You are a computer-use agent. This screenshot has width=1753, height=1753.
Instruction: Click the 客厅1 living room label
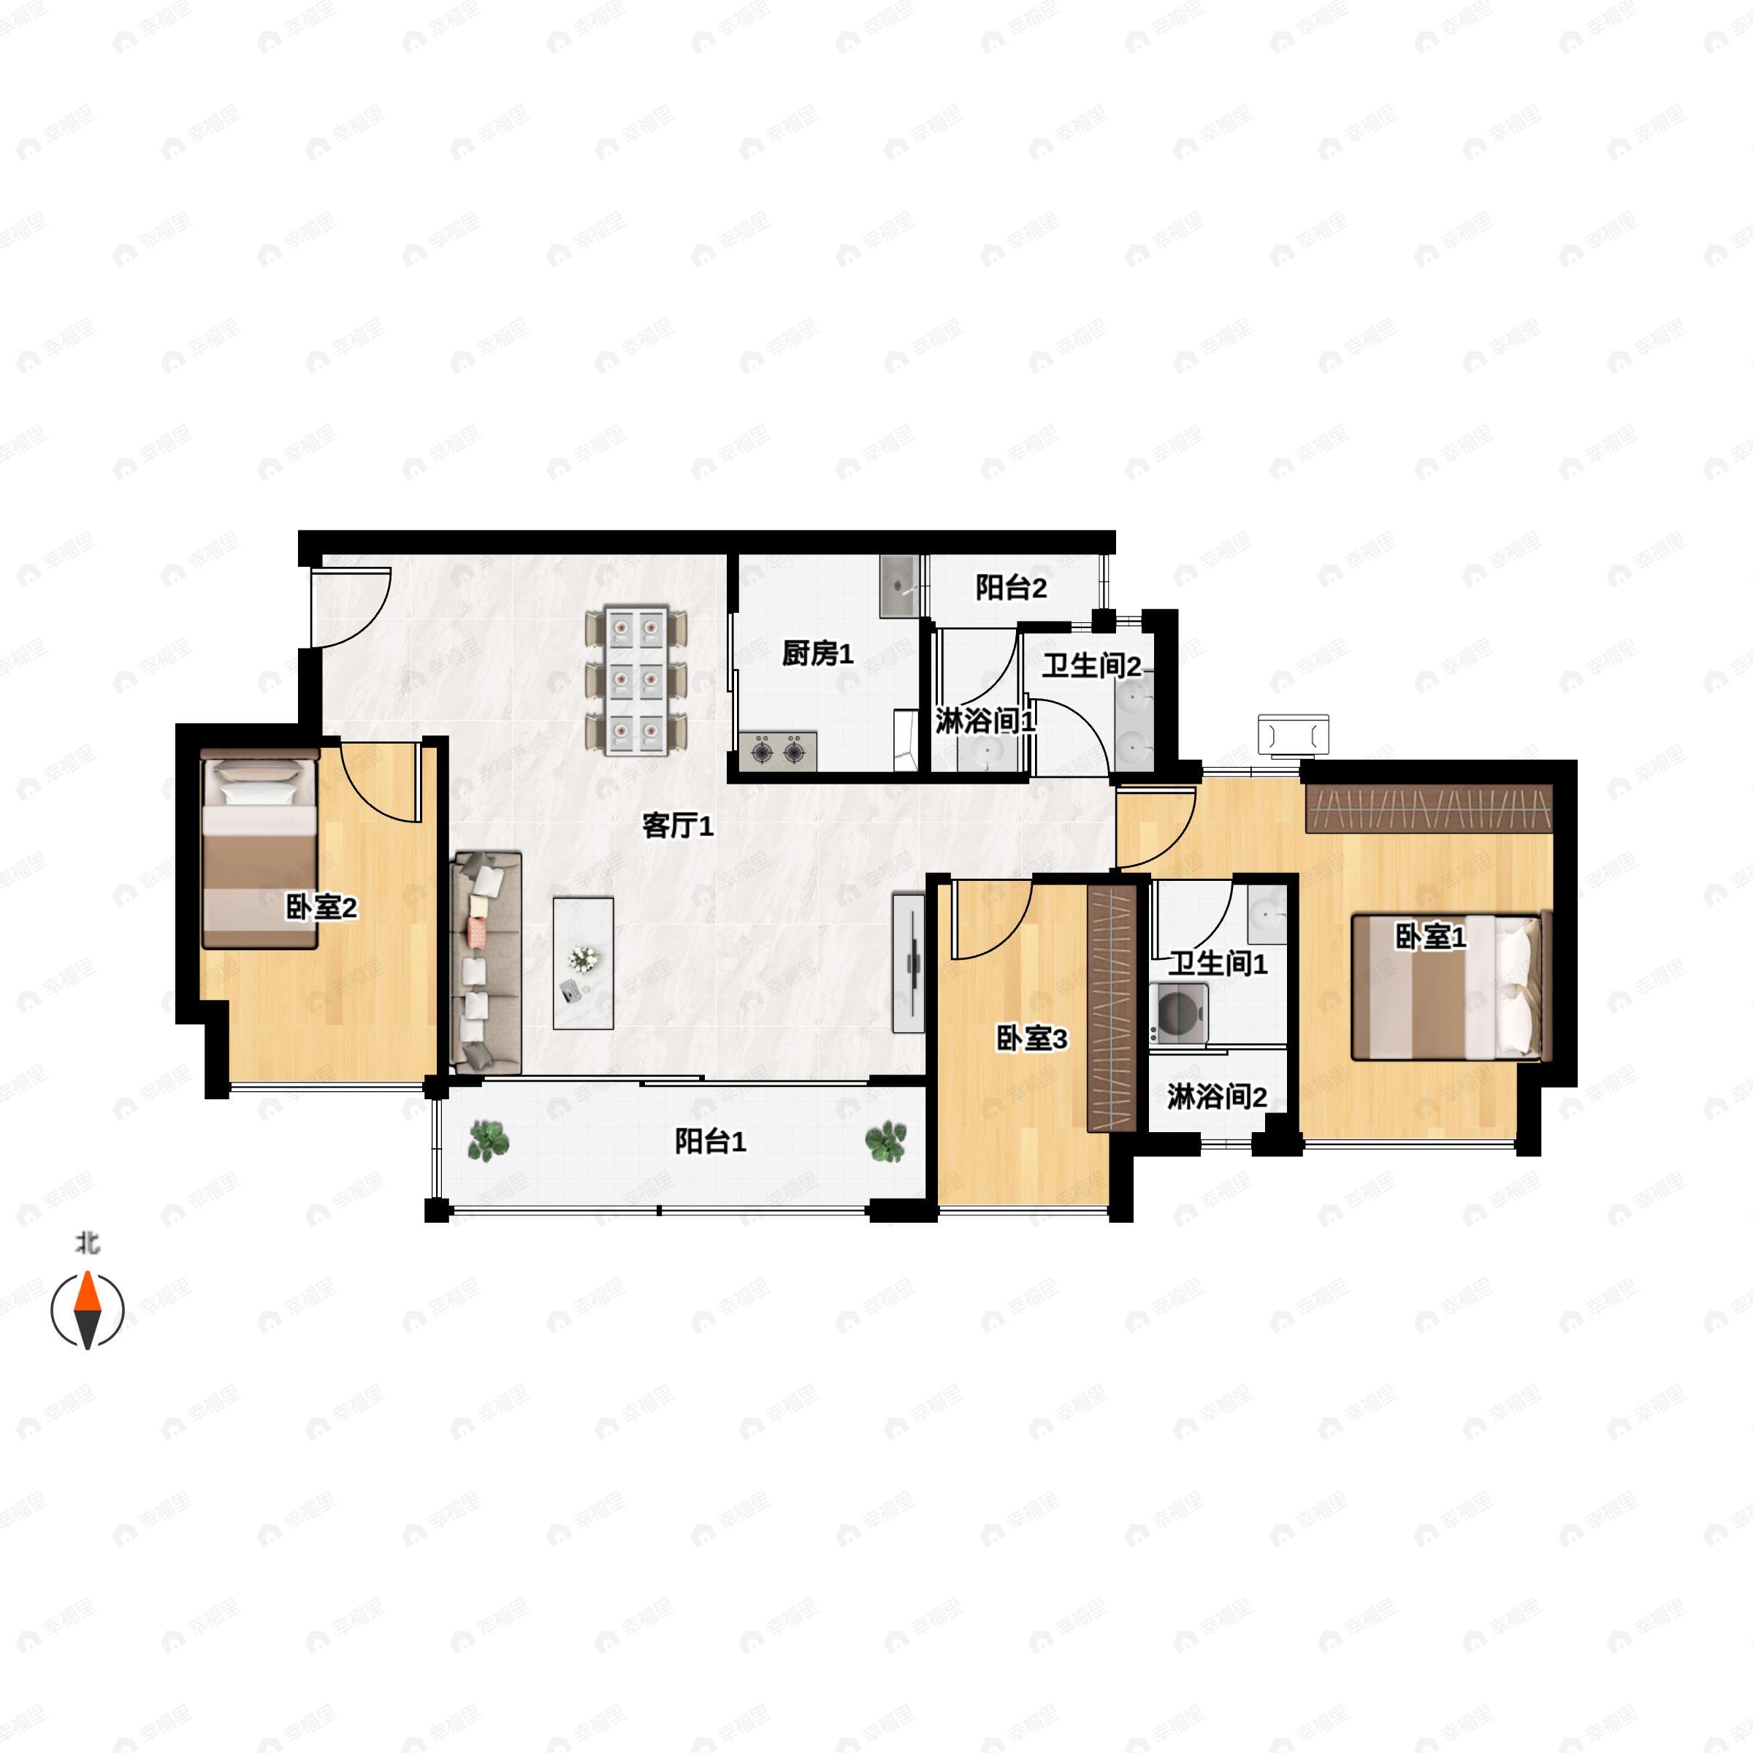678,825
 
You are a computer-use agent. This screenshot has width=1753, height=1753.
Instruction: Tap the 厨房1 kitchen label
817,653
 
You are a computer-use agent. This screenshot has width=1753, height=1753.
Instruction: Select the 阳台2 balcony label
1011,588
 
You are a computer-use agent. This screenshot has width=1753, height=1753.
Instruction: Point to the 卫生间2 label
1091,666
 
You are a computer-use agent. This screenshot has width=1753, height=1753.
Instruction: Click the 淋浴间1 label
985,722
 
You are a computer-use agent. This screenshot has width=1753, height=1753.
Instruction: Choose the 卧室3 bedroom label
1031,1039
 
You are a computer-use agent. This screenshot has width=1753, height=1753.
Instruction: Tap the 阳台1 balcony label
709,1142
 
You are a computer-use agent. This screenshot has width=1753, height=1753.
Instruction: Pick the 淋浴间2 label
1217,1097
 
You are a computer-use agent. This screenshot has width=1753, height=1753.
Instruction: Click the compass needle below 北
87,1310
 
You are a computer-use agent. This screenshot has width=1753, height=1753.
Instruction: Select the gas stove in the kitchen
778,752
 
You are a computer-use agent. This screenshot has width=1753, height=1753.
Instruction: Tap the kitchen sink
899,586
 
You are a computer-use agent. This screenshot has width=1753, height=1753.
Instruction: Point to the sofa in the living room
486,962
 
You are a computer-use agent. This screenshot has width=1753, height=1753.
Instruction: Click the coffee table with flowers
584,963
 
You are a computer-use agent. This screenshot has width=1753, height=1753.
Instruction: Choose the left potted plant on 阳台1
488,1140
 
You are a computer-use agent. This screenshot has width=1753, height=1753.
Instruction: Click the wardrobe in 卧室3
1112,1007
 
